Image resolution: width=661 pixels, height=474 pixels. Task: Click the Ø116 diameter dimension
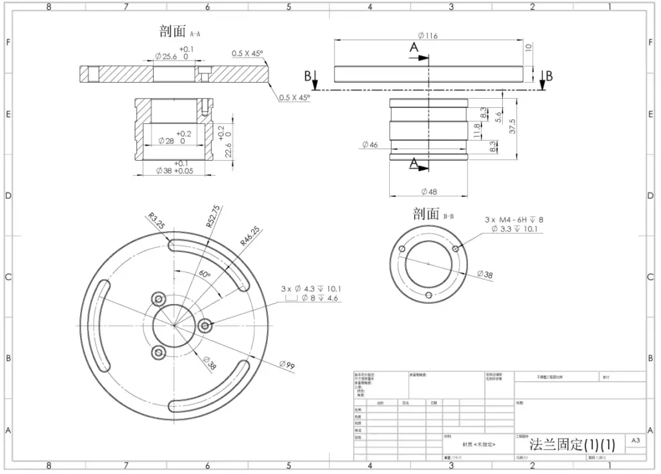click(428, 36)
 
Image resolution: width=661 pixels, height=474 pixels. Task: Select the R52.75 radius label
click(213, 217)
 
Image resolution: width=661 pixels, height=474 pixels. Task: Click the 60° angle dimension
click(205, 274)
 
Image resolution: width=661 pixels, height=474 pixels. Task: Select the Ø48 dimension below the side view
click(428, 192)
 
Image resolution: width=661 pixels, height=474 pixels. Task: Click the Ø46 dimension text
click(370, 145)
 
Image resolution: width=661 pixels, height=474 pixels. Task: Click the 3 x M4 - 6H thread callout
click(514, 220)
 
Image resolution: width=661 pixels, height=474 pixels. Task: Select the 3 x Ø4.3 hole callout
click(310, 289)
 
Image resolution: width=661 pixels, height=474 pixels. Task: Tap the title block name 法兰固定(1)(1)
click(572, 444)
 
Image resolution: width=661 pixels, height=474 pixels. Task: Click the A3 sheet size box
click(635, 440)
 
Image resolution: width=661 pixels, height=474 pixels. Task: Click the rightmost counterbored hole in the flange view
click(206, 326)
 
